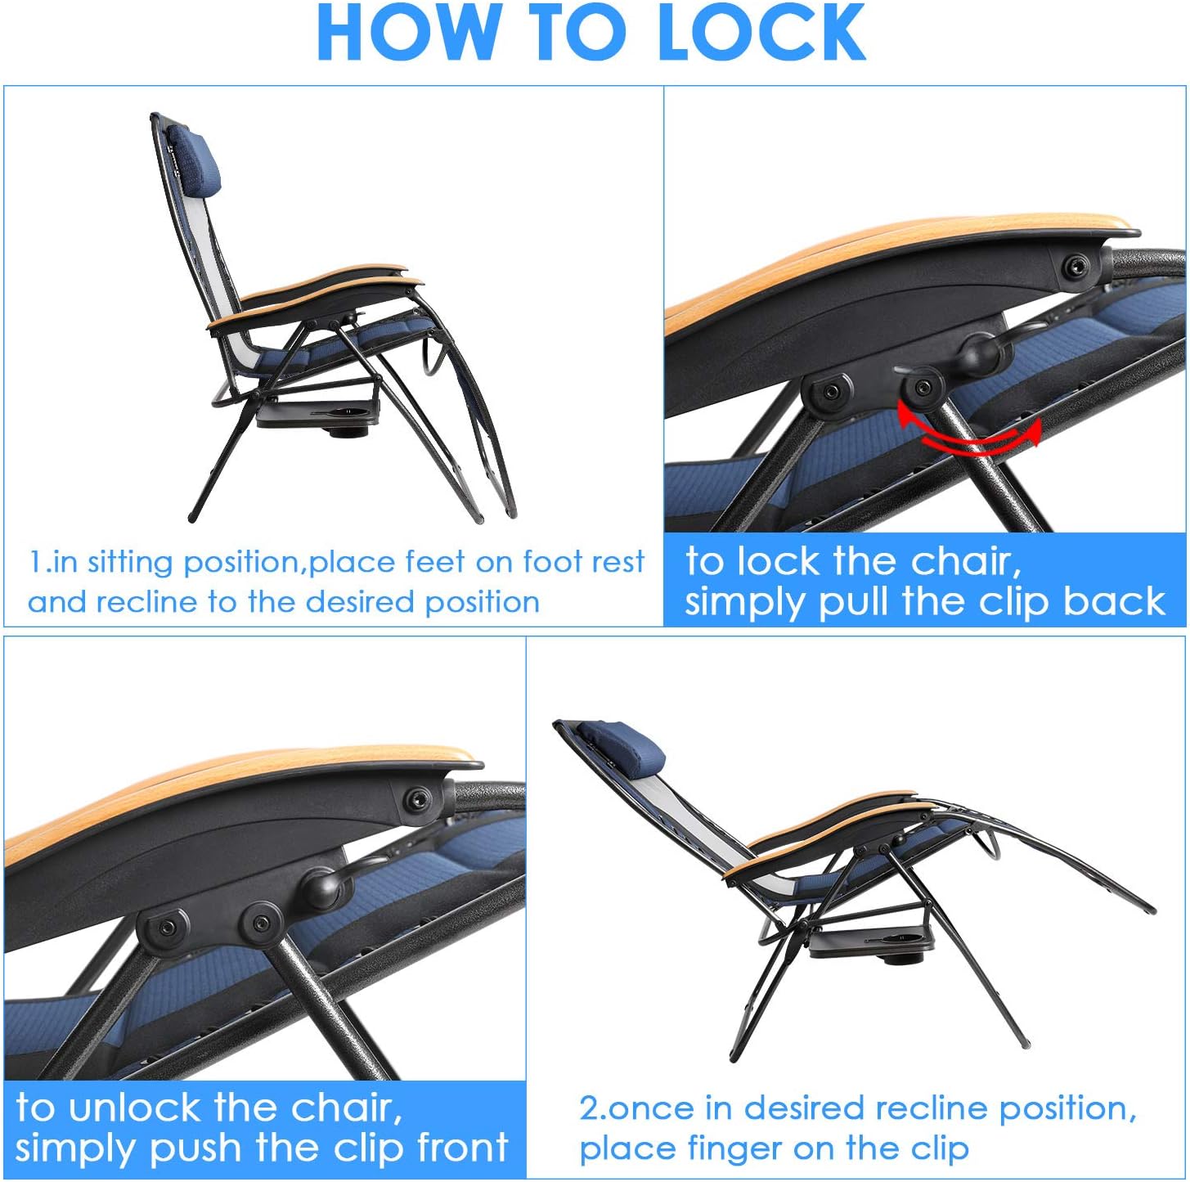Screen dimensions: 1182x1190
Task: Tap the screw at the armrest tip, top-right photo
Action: (x=1074, y=267)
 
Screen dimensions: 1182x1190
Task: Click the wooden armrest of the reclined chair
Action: (x=826, y=826)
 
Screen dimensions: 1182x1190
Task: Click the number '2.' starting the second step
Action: (x=592, y=1108)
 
